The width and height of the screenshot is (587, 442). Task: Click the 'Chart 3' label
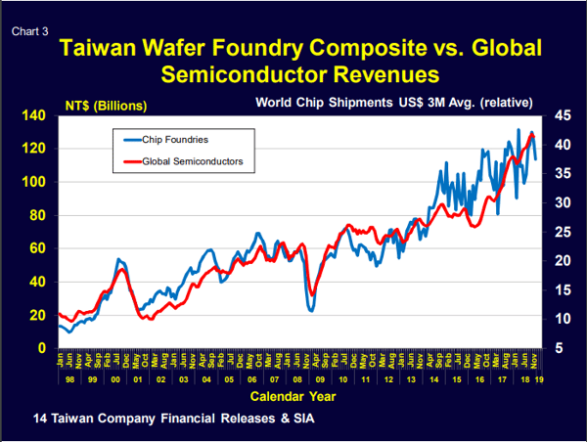point(30,31)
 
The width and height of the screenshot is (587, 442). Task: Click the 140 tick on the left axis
point(33,116)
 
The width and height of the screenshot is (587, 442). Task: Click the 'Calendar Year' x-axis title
point(294,397)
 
